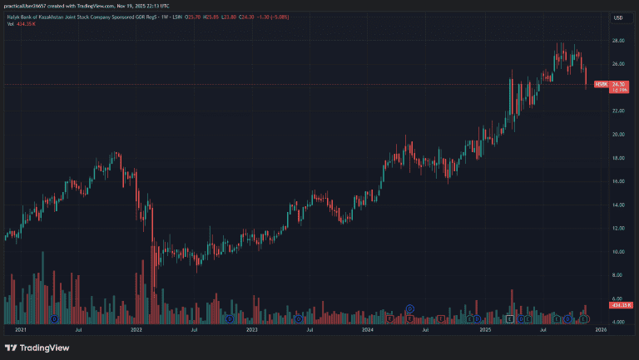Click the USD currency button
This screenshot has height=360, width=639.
point(618,17)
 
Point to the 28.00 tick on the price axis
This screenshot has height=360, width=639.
point(618,41)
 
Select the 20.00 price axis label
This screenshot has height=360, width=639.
point(618,135)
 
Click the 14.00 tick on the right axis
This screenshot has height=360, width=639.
point(618,205)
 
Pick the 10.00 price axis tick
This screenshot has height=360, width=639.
point(618,252)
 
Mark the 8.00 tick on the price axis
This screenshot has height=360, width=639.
point(618,275)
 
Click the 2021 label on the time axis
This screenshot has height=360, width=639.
point(22,330)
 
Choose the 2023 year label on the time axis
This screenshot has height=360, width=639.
point(253,330)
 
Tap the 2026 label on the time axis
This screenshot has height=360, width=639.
point(600,330)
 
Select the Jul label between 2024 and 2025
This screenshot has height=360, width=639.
point(425,330)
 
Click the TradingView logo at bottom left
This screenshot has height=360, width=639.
point(37,348)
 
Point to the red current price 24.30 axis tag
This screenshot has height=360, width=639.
point(618,83)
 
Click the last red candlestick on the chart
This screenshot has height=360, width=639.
point(587,76)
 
